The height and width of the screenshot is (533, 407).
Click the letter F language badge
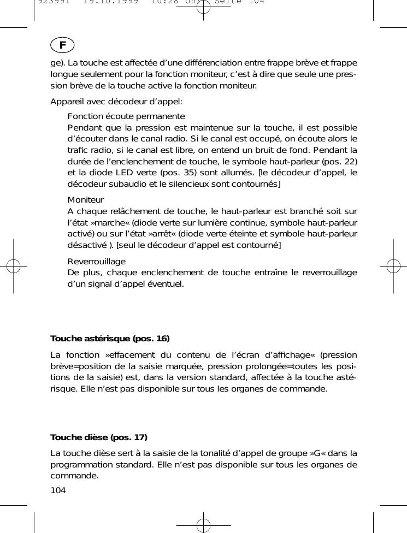[64, 44]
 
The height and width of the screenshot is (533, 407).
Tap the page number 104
[58, 490]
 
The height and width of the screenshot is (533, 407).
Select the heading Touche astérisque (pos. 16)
[110, 339]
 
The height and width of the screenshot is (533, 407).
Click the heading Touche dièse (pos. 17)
[99, 437]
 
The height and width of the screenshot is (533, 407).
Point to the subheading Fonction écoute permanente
[126, 116]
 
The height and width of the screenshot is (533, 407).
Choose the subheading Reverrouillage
[96, 262]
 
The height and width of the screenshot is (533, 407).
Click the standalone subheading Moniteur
[86, 200]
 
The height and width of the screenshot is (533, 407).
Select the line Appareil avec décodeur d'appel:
[116, 102]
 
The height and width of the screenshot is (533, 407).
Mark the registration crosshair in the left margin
[13, 266]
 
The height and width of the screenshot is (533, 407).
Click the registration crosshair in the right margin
[393, 266]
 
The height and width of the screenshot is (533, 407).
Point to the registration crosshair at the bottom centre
[203, 525]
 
